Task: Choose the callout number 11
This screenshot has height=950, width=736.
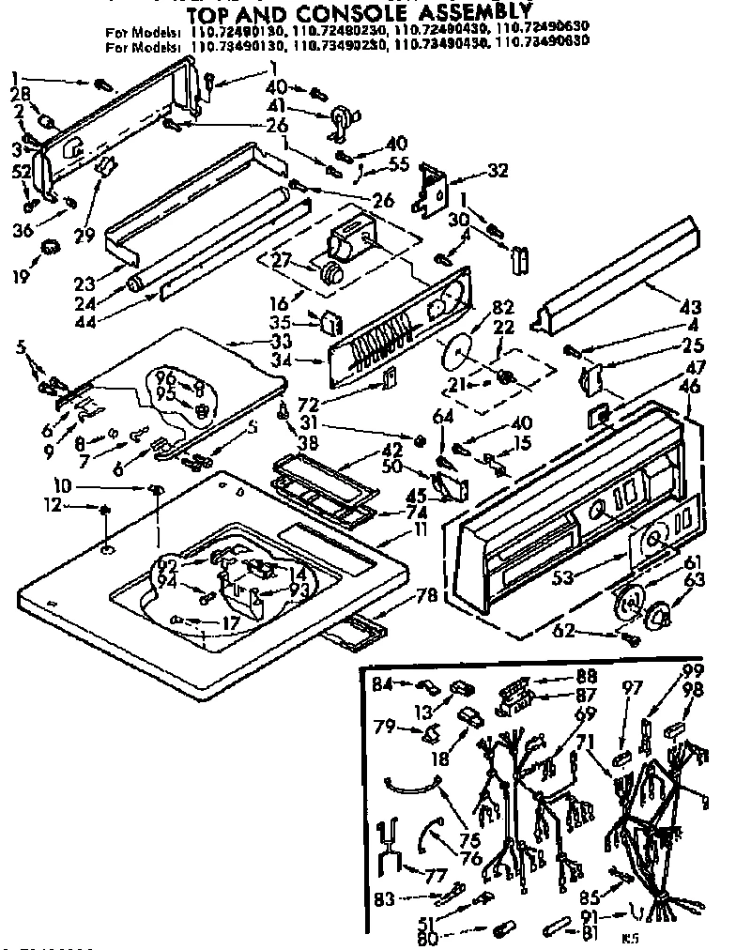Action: point(420,531)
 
